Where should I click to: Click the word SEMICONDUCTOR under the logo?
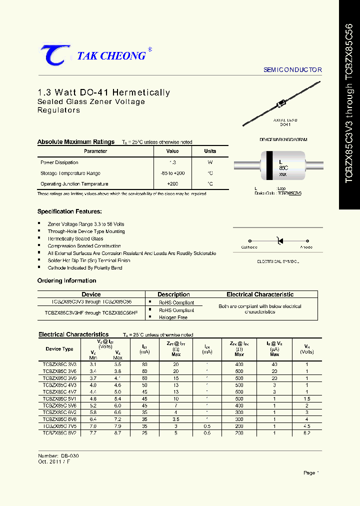point(292,70)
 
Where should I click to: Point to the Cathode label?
point(249,247)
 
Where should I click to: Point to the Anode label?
point(306,247)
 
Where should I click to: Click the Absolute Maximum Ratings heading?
point(76,142)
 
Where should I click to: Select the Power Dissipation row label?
point(59,162)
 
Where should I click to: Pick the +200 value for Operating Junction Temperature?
point(172,184)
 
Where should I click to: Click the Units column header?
point(210,151)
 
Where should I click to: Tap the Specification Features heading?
point(69,211)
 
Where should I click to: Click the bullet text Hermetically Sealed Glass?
point(75,238)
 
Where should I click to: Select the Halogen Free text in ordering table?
point(173,317)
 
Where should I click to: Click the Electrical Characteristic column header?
point(260,294)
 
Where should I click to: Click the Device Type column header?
point(59,349)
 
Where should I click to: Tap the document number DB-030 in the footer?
point(70,456)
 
